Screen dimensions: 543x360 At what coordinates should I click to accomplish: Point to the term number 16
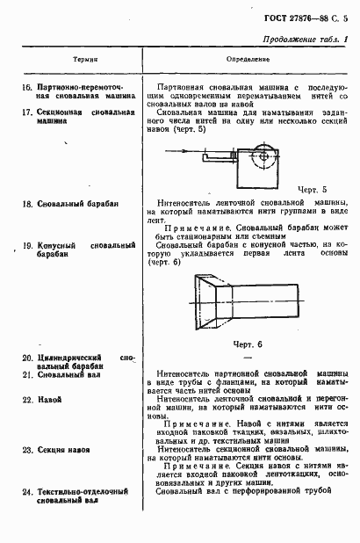(x=26, y=89)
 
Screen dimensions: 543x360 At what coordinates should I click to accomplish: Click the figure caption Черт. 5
(x=313, y=189)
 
